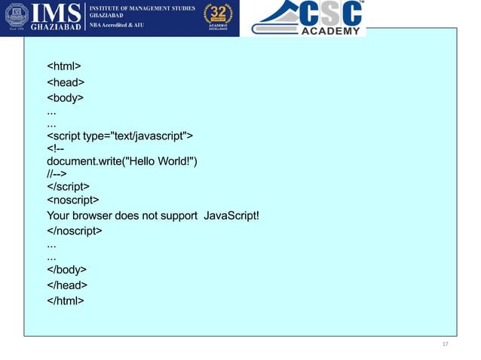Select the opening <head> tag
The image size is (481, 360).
point(66,83)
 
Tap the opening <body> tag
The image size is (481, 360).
point(66,98)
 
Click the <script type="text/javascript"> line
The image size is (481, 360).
point(120,136)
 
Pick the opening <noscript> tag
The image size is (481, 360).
point(73,200)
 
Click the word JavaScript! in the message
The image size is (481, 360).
point(232,217)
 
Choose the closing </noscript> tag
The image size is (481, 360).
point(75,231)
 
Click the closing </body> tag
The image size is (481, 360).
point(67,270)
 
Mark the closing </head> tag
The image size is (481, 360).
point(67,285)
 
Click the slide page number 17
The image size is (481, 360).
point(445,344)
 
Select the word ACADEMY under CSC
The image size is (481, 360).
point(331,31)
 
